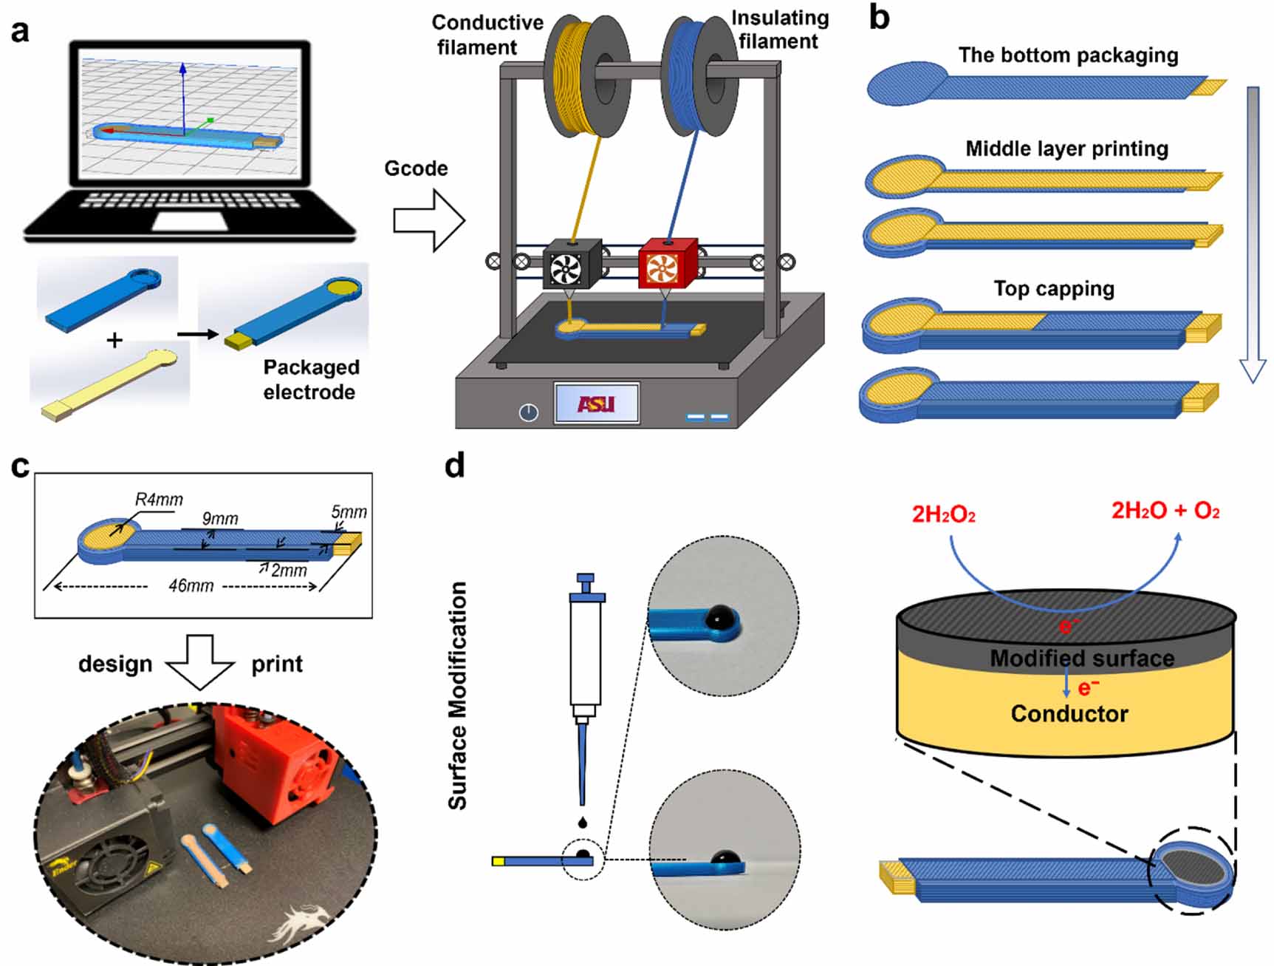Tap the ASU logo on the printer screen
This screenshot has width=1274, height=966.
click(x=596, y=404)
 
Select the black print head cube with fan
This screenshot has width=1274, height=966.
click(x=571, y=264)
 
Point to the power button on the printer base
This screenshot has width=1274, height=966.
click(x=528, y=412)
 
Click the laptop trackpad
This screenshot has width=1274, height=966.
click(x=191, y=221)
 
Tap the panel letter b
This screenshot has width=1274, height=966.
click(x=879, y=18)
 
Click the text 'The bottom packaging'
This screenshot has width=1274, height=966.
click(x=1068, y=55)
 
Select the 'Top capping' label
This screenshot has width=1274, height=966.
click(x=1054, y=288)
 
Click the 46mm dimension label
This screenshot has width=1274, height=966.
click(x=191, y=586)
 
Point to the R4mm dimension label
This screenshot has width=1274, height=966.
click(x=159, y=500)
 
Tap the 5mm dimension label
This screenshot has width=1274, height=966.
click(x=349, y=512)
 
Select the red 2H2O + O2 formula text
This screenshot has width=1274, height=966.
click(x=1165, y=511)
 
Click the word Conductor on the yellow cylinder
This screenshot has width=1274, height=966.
click(x=1069, y=713)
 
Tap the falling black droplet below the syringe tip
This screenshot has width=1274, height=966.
click(x=583, y=822)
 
